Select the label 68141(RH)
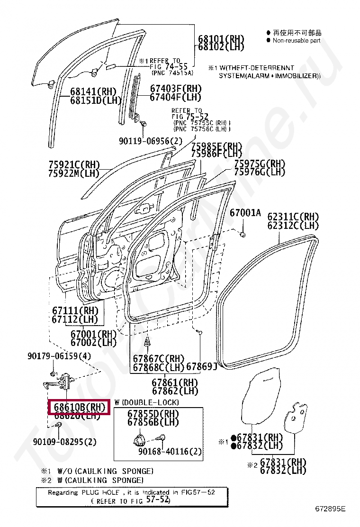click(x=93, y=91)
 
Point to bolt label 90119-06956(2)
click(x=151, y=141)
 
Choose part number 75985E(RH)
click(x=216, y=146)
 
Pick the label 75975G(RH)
click(x=260, y=164)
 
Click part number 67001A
click(x=245, y=213)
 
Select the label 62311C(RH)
click(x=293, y=217)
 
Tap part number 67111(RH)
click(x=75, y=310)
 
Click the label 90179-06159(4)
click(x=59, y=356)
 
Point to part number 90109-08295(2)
click(x=65, y=442)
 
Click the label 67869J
click(x=201, y=366)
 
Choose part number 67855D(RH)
click(x=153, y=414)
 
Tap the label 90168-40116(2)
click(x=170, y=452)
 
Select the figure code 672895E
click(x=331, y=509)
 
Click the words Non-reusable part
click(x=297, y=41)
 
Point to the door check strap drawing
click(x=60, y=381)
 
